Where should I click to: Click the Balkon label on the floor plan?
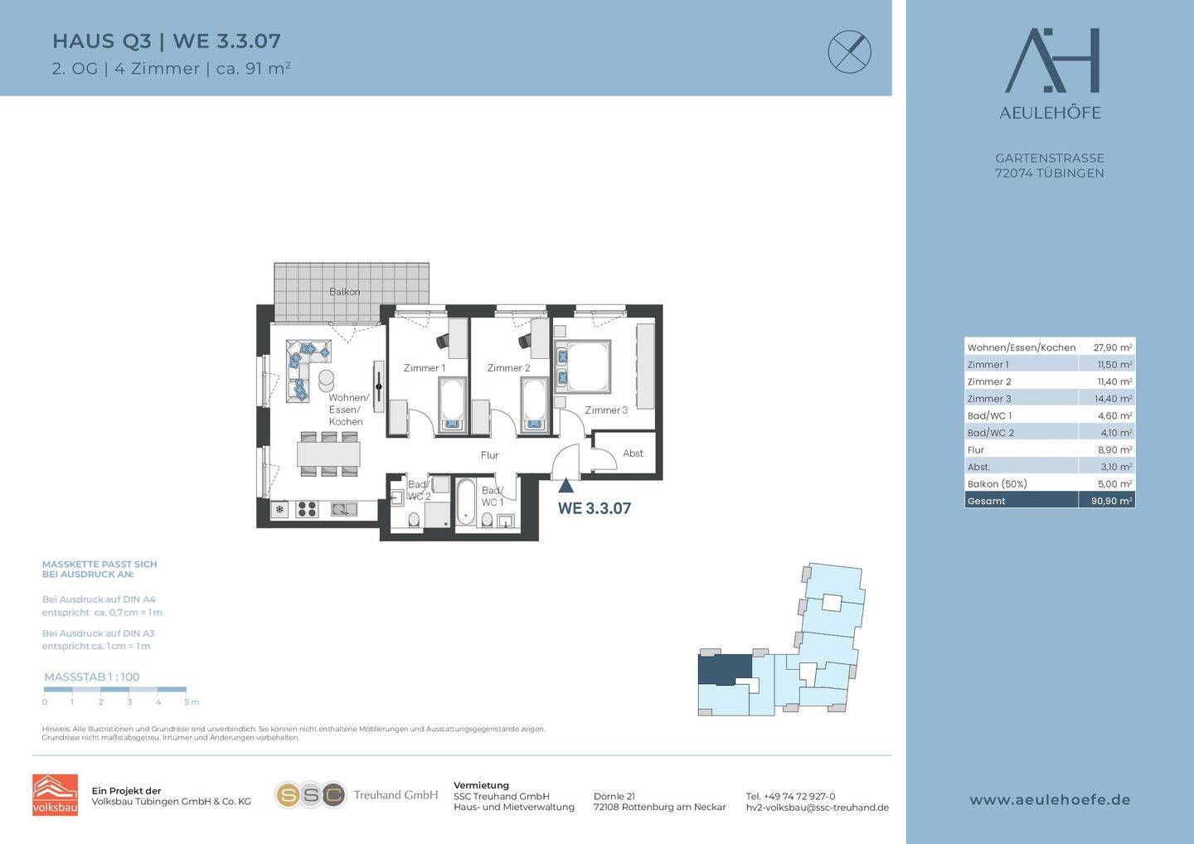tap(344, 292)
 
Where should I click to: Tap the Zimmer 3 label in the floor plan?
tap(606, 410)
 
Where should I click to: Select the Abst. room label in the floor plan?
tap(633, 454)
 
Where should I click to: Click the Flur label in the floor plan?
tap(489, 455)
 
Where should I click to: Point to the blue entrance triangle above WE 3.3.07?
tap(566, 486)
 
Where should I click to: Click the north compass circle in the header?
tap(850, 51)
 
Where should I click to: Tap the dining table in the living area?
tap(329, 454)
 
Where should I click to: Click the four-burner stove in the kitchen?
tap(307, 510)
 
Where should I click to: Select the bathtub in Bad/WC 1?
tap(466, 503)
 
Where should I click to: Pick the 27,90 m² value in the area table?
tap(1113, 347)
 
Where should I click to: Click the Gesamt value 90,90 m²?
tap(1111, 501)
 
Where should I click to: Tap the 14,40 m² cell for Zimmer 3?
tap(1114, 399)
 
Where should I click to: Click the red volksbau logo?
tap(55, 795)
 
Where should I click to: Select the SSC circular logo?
tap(310, 796)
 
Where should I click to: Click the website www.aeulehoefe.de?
tap(1050, 800)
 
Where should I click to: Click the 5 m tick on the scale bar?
tap(186, 690)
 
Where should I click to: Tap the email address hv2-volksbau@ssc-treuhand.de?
tap(818, 808)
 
